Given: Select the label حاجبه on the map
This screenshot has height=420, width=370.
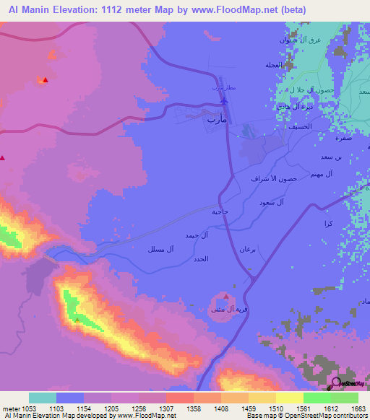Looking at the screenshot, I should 220,212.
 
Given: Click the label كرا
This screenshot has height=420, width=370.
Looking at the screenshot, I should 329,224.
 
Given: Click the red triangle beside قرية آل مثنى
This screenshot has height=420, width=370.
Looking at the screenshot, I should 226,297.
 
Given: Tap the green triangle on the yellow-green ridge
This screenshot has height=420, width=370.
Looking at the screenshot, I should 77,319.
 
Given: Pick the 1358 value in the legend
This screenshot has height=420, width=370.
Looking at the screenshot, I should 192,408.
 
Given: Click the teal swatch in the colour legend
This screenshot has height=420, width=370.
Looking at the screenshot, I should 43,398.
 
